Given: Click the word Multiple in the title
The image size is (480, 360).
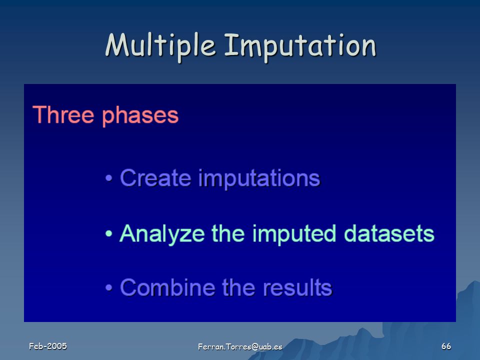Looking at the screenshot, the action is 160,45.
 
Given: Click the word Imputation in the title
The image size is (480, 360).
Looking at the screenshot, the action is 300,45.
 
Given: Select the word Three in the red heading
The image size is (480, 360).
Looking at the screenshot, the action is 63,114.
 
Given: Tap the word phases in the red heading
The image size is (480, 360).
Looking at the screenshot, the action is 140,115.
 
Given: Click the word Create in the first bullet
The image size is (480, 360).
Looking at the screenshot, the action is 155,177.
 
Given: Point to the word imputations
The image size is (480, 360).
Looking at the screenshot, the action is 259,179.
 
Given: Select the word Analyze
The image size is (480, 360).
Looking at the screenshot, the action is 162,234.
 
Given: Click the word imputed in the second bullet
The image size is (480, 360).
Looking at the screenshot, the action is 294,234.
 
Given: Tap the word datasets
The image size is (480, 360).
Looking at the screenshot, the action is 389,233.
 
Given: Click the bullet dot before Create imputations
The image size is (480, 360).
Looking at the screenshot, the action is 108,178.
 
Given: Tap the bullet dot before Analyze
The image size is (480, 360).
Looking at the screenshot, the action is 108,234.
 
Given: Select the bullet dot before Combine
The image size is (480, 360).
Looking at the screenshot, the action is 108,288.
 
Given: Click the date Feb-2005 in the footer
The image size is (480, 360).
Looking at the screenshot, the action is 48,346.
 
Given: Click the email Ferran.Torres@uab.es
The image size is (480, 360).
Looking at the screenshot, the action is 240,346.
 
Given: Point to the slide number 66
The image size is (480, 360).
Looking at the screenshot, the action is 446,346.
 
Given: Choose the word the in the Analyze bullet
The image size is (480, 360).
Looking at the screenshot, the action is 228,233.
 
